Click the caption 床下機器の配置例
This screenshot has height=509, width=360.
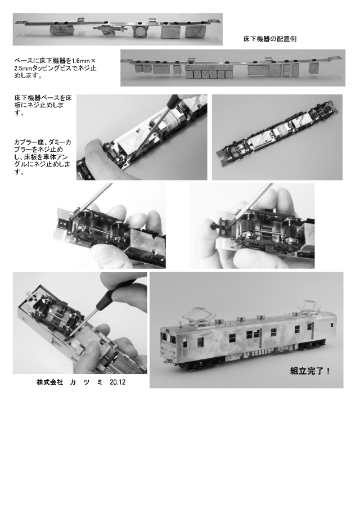click(x=269, y=39)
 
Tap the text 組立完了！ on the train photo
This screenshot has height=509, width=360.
click(x=308, y=371)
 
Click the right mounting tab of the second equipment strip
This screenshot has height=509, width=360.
click(x=336, y=58)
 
